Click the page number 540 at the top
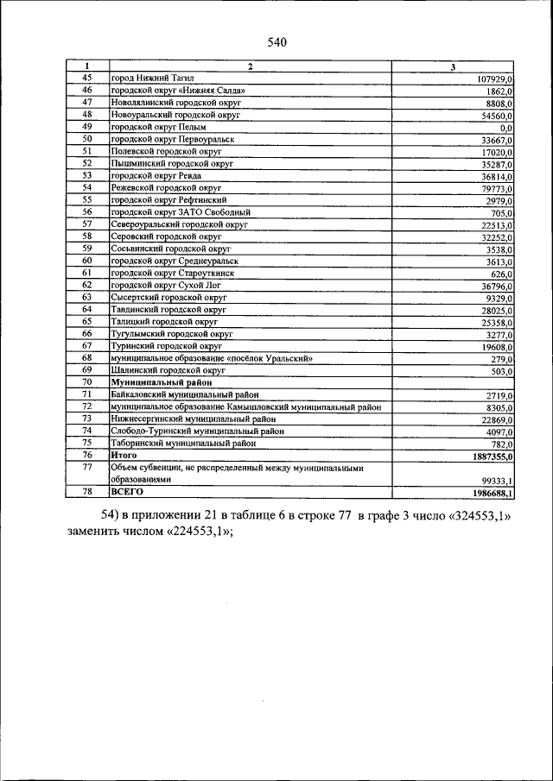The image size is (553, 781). tap(276, 42)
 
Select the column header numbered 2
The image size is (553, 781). tap(250, 66)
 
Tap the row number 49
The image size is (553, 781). tap(87, 126)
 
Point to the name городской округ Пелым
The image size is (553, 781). tap(161, 126)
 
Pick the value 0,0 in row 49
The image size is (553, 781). tap(506, 127)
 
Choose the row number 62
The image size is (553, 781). tap(87, 284)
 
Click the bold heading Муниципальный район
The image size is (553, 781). tap(162, 381)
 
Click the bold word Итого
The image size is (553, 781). tap(124, 454)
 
